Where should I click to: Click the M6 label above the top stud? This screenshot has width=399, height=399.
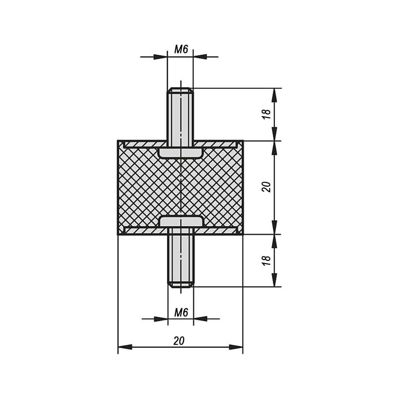pos(181,49)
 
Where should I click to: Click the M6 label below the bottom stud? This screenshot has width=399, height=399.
pos(181,312)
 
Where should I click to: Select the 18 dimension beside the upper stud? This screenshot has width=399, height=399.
pos(267,114)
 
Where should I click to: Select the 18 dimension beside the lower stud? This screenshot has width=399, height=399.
pos(267,261)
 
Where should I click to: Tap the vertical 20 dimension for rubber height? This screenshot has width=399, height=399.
pos(267,187)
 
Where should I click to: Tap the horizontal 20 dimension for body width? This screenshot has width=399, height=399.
pos(179,341)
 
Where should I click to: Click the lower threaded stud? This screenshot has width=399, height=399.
pos(181,257)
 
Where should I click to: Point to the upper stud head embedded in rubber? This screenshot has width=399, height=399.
pos(180,153)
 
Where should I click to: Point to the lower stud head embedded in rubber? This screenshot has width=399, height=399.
pos(181,221)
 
